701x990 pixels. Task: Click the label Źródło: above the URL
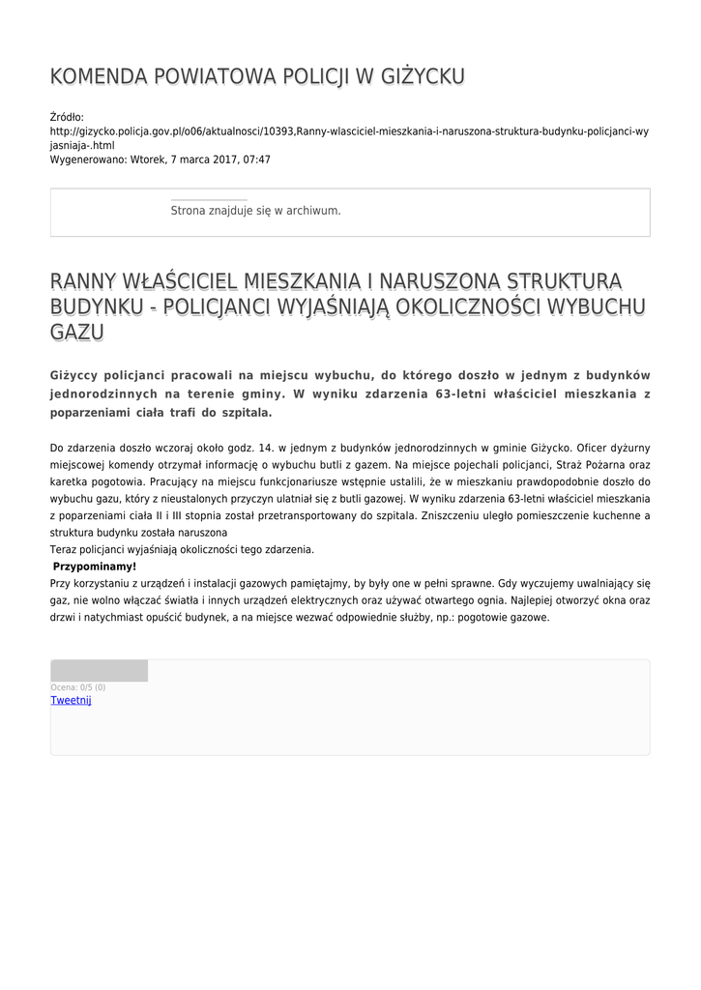(67, 117)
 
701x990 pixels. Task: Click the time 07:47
(256, 160)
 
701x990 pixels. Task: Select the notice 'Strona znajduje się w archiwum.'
(255, 211)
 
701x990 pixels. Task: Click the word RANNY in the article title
(84, 281)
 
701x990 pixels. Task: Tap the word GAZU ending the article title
(76, 333)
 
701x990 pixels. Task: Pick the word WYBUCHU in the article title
(595, 306)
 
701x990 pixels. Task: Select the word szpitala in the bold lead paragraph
(246, 413)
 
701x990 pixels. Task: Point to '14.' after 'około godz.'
(255, 449)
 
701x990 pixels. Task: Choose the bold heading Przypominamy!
(95, 567)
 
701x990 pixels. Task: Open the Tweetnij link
(71, 700)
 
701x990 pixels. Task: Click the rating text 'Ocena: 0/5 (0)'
(78, 687)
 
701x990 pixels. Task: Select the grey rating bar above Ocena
(99, 671)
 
